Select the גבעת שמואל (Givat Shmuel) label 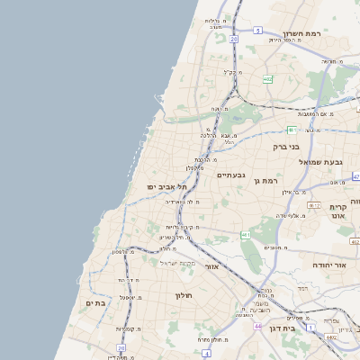click(x=321, y=162)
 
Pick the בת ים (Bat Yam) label click(x=95, y=304)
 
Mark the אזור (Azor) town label click(x=212, y=267)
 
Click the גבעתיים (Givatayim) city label click(x=232, y=176)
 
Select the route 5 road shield click(x=256, y=31)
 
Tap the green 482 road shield click(x=268, y=79)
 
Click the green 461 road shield click(x=244, y=236)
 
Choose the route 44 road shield click(x=245, y=314)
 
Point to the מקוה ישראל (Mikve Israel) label click(x=178, y=263)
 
